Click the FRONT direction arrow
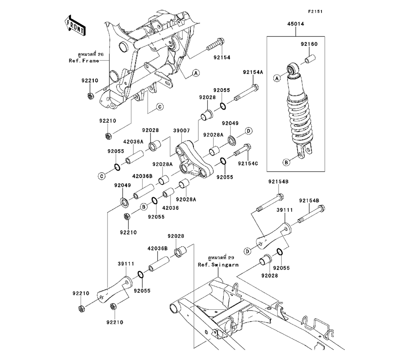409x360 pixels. (x=75, y=25)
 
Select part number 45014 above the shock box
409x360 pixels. (x=298, y=25)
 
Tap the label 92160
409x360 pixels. (x=309, y=44)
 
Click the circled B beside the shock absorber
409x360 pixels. (x=287, y=162)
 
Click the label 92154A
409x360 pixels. (x=252, y=72)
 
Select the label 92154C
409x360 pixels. (x=250, y=163)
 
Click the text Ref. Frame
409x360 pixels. (x=83, y=61)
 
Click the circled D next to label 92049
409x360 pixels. (x=248, y=131)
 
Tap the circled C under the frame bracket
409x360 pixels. (x=160, y=107)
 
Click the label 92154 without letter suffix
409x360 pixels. (x=221, y=58)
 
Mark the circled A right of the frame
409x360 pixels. (x=196, y=73)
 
